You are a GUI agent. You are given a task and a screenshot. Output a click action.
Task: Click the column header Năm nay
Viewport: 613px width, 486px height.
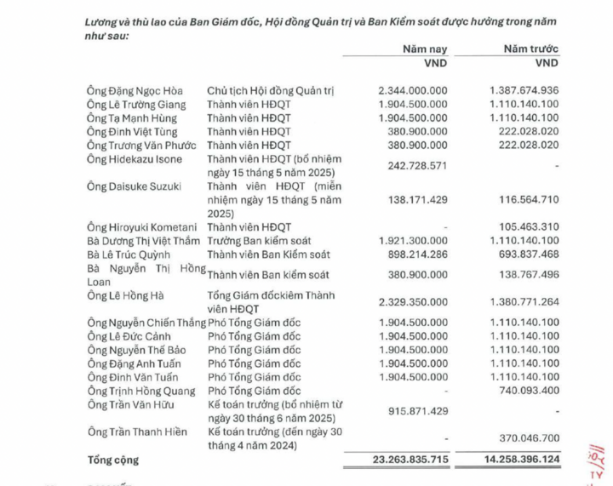coord(425,49)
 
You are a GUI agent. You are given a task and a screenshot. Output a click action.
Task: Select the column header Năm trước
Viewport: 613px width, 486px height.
coord(531,49)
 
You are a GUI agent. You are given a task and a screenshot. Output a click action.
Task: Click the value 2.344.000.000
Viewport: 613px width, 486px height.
coord(412,89)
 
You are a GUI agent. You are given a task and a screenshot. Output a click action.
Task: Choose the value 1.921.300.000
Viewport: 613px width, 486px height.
coord(412,241)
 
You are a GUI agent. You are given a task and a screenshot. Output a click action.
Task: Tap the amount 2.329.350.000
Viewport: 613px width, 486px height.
coord(412,302)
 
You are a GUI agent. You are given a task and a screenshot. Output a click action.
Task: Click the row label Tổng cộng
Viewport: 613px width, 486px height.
coord(114,460)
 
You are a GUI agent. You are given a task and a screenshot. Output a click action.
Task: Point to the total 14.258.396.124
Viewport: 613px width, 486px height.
coord(520,460)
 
